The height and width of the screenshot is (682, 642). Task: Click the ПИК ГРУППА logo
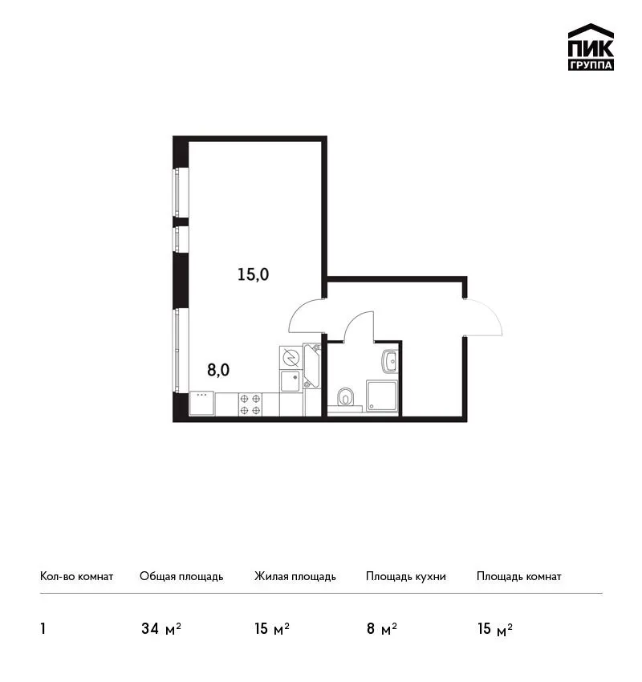pos(591,47)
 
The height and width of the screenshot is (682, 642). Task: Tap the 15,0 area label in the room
pos(253,274)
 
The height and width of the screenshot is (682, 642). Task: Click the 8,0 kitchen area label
pos(218,370)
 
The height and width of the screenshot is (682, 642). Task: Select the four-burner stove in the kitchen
pos(250,404)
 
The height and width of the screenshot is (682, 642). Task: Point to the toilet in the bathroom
pos(346,397)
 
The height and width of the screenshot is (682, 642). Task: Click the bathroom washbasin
pos(390,361)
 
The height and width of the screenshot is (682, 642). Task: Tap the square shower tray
pos(381,396)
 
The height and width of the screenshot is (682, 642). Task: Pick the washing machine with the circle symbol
pos(291,358)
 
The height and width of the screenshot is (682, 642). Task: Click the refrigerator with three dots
pos(201,404)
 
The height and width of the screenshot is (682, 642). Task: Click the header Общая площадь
pos(181,577)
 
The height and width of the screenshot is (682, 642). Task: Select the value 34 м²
pos(161,629)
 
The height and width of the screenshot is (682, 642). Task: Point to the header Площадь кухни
pos(406,577)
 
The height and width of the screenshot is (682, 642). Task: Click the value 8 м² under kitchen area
pos(382,629)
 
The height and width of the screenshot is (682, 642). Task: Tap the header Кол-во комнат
pos(76,576)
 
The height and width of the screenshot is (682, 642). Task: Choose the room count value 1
pos(43,629)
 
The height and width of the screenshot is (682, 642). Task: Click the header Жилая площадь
pos(295,577)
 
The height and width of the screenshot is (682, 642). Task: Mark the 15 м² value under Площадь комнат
pos(495,629)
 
